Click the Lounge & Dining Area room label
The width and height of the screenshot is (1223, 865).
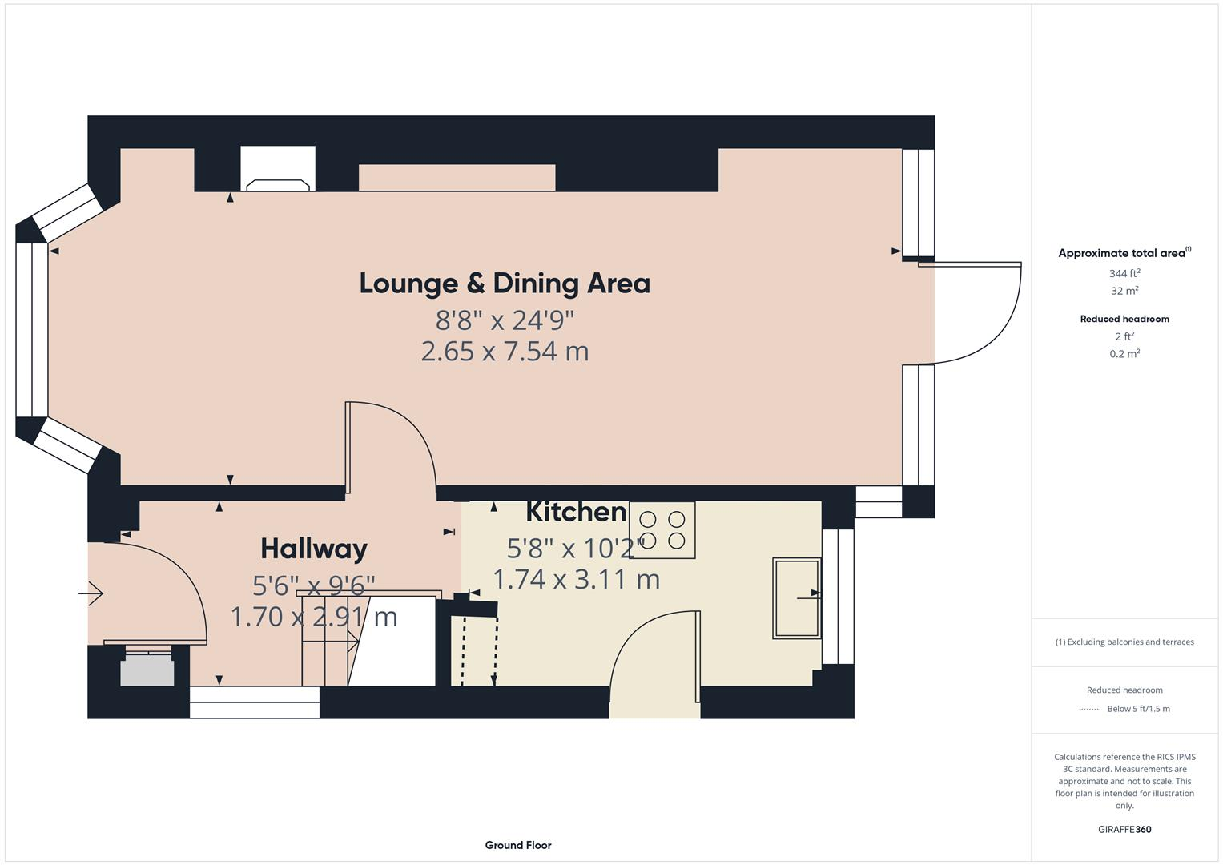(x=505, y=284)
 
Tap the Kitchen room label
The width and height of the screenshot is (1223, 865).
(x=576, y=512)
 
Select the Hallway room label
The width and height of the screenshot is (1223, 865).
(x=314, y=549)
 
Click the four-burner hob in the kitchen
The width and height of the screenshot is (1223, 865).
(x=662, y=530)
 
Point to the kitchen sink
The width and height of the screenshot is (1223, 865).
(x=796, y=598)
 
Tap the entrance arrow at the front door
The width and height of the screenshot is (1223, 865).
(x=91, y=593)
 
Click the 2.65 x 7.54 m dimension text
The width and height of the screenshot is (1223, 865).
(x=505, y=352)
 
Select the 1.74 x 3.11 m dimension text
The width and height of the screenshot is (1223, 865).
(x=576, y=579)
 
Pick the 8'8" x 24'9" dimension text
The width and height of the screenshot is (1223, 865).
(x=505, y=320)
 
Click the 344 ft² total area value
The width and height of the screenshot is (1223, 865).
(x=1124, y=273)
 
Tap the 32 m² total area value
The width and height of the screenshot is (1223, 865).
(x=1124, y=291)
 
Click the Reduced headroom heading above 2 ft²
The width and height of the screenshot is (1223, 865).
(x=1124, y=319)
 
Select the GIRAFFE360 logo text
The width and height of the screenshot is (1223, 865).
(x=1124, y=829)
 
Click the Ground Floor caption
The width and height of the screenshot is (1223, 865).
(x=518, y=845)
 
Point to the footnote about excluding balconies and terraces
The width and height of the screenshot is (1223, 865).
(x=1124, y=642)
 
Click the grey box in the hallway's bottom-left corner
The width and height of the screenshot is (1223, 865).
(x=147, y=671)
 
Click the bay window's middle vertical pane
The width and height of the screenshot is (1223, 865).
(x=32, y=330)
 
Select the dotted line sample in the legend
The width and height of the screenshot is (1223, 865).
(x=1090, y=709)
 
